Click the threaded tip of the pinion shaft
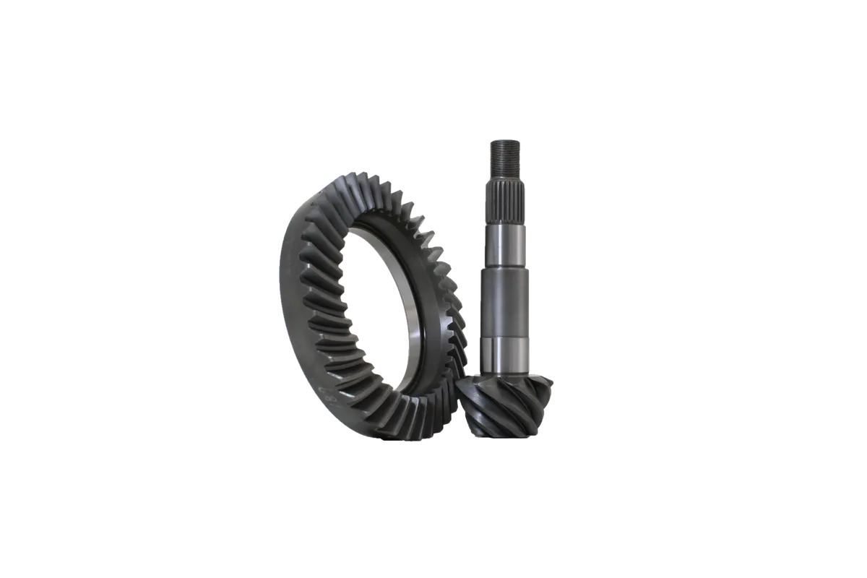pyautogui.click(x=503, y=155)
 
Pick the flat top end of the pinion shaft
pyautogui.click(x=503, y=140)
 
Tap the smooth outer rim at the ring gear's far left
pyautogui.click(x=284, y=282)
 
